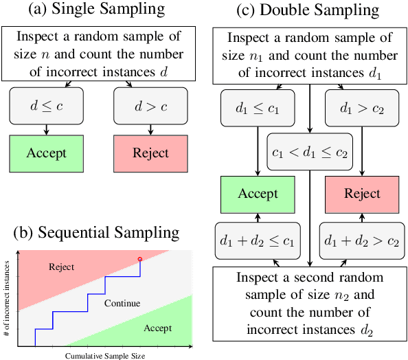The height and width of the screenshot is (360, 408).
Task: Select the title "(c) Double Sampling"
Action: [308, 11]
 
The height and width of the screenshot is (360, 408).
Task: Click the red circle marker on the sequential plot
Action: [140, 259]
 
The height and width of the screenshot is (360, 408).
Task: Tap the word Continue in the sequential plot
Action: [122, 303]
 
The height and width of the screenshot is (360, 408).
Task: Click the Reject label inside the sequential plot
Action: [61, 267]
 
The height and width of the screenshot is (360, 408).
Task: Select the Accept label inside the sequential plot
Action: [157, 329]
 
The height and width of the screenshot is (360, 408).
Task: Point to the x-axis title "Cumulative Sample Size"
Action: [105, 355]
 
